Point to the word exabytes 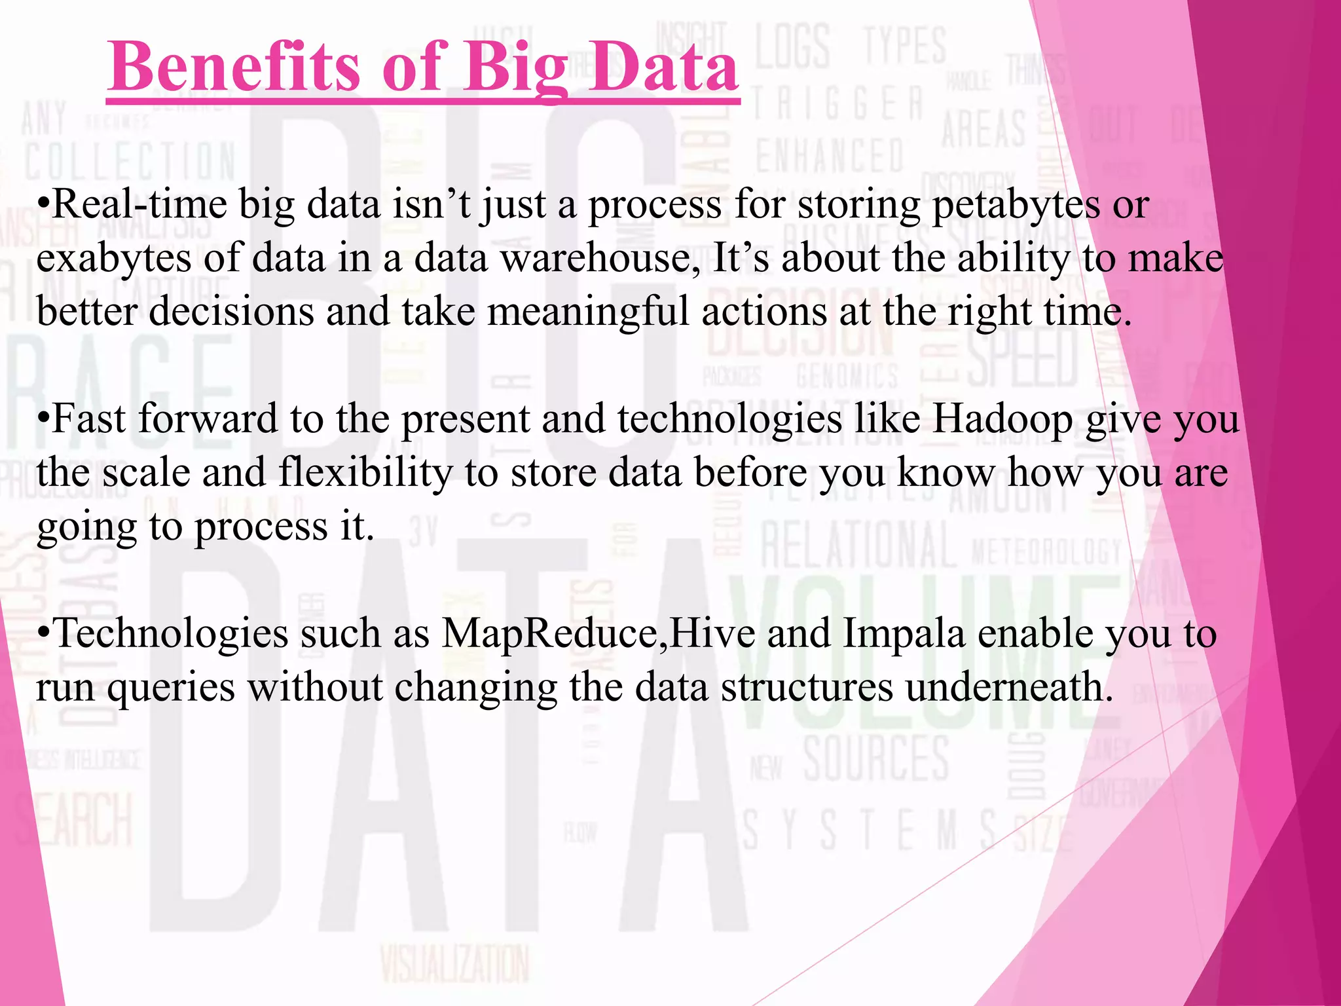pyautogui.click(x=113, y=259)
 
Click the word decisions pyautogui.click(x=231, y=311)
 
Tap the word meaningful pyautogui.click(x=587, y=312)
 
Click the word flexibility pyautogui.click(x=365, y=473)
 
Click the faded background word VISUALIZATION pyautogui.click(x=454, y=964)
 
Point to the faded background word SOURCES pyautogui.click(x=876, y=758)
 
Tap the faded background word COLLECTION pyautogui.click(x=130, y=162)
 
